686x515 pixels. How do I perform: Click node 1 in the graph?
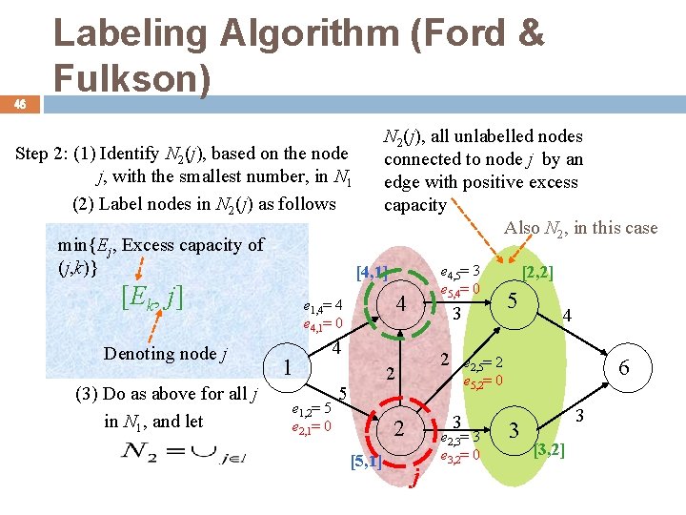[x=287, y=366]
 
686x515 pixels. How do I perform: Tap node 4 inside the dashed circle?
[x=403, y=305]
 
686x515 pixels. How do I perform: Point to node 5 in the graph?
[x=512, y=300]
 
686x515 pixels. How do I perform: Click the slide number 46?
[x=19, y=105]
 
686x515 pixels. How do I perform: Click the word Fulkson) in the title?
[x=131, y=79]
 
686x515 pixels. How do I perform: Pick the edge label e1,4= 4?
[x=322, y=306]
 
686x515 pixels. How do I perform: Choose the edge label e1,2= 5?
[x=311, y=408]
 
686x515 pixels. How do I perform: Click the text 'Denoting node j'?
[x=164, y=354]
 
